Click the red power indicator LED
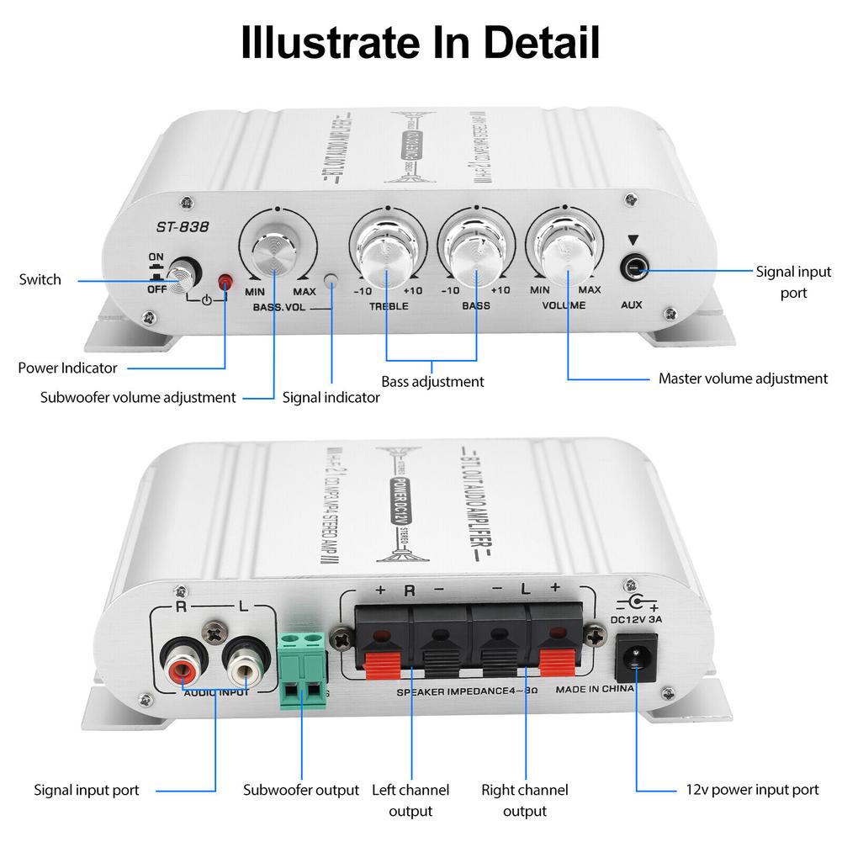coord(225,283)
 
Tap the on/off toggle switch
coord(180,273)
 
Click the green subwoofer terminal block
coord(302,670)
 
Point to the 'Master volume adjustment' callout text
coord(743,379)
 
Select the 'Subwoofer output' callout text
coord(301,790)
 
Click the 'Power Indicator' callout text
coord(68,368)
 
